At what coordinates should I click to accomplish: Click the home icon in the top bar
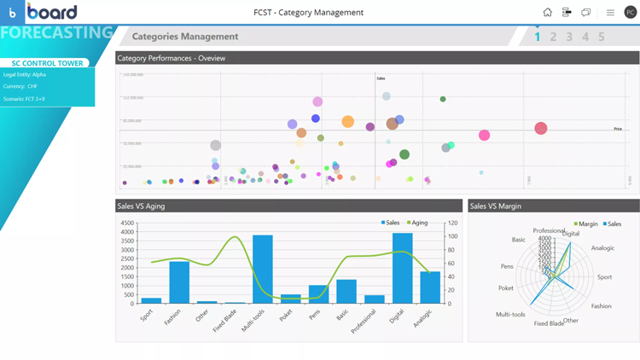[x=547, y=13]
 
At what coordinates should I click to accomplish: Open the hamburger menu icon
[x=610, y=13]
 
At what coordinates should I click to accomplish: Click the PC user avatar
[x=631, y=13]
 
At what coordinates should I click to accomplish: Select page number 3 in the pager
[x=569, y=37]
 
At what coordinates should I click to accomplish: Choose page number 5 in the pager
[x=602, y=37]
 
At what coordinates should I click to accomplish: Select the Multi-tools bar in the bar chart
[x=263, y=269]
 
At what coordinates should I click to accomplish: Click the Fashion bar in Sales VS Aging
[x=179, y=282]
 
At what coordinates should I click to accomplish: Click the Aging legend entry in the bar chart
[x=416, y=223]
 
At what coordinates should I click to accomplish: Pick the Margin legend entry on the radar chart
[x=585, y=224]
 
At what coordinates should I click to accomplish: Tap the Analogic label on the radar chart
[x=602, y=248]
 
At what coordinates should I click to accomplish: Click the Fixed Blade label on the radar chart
[x=548, y=323]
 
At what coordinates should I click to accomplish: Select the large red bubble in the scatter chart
[x=541, y=128]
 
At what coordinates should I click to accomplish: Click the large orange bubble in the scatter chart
[x=348, y=122]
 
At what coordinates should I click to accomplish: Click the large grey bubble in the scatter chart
[x=216, y=146]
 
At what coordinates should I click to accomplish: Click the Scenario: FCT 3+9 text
[x=24, y=99]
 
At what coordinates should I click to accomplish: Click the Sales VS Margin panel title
[x=496, y=206]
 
